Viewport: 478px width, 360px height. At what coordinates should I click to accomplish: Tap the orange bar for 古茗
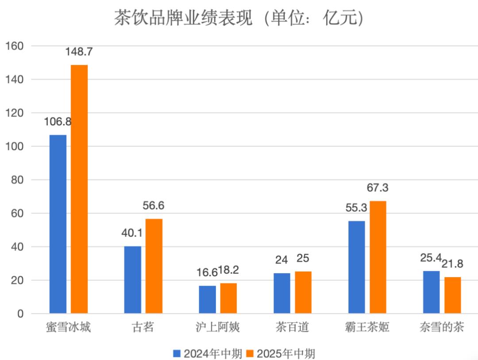coord(154,266)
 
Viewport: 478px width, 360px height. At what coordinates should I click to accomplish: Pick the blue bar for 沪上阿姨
coord(207,300)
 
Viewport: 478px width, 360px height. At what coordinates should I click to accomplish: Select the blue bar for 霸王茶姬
coord(357,267)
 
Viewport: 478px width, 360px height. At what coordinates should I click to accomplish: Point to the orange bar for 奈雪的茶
coord(453,295)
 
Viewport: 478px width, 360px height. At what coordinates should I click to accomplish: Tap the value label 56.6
coord(153,206)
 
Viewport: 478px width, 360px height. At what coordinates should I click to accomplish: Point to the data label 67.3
coord(378,188)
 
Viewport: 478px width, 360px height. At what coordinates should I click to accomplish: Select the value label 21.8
coord(452,264)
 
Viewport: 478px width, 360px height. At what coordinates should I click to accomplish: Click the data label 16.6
coord(207,273)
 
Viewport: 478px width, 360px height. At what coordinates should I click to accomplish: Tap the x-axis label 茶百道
coord(292,328)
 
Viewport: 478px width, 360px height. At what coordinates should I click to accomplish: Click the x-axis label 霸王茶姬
coord(367,328)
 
